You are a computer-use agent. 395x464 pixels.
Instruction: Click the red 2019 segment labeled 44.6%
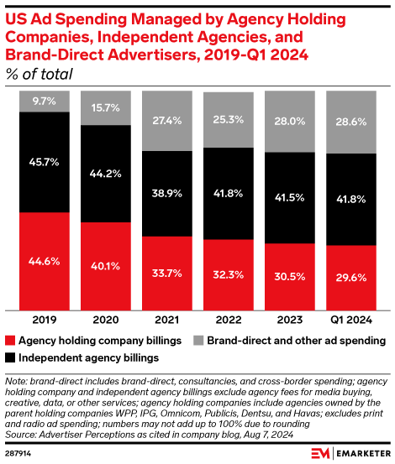tap(44, 261)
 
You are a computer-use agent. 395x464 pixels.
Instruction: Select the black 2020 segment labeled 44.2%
tap(105, 174)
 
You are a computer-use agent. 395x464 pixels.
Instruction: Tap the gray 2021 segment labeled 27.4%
tap(166, 121)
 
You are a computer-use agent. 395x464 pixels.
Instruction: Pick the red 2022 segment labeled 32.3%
tap(228, 274)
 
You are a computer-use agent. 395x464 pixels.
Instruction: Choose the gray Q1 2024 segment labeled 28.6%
tap(350, 123)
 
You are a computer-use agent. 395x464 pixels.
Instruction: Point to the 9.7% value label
tap(44, 101)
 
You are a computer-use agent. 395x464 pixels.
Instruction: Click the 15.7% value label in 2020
tap(105, 108)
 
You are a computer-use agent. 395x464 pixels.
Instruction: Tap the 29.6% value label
tap(350, 279)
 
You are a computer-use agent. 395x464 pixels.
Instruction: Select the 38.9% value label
tap(166, 193)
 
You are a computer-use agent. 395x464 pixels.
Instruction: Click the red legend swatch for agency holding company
tap(10, 341)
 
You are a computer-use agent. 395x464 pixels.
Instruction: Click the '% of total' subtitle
tap(39, 74)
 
